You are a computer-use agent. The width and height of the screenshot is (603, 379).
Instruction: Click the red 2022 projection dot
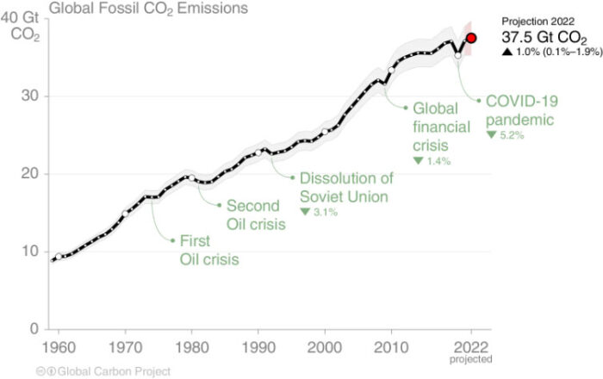[471, 38]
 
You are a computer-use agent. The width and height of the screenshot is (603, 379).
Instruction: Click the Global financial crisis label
[441, 127]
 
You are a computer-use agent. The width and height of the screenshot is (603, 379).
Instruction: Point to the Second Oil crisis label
[252, 215]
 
